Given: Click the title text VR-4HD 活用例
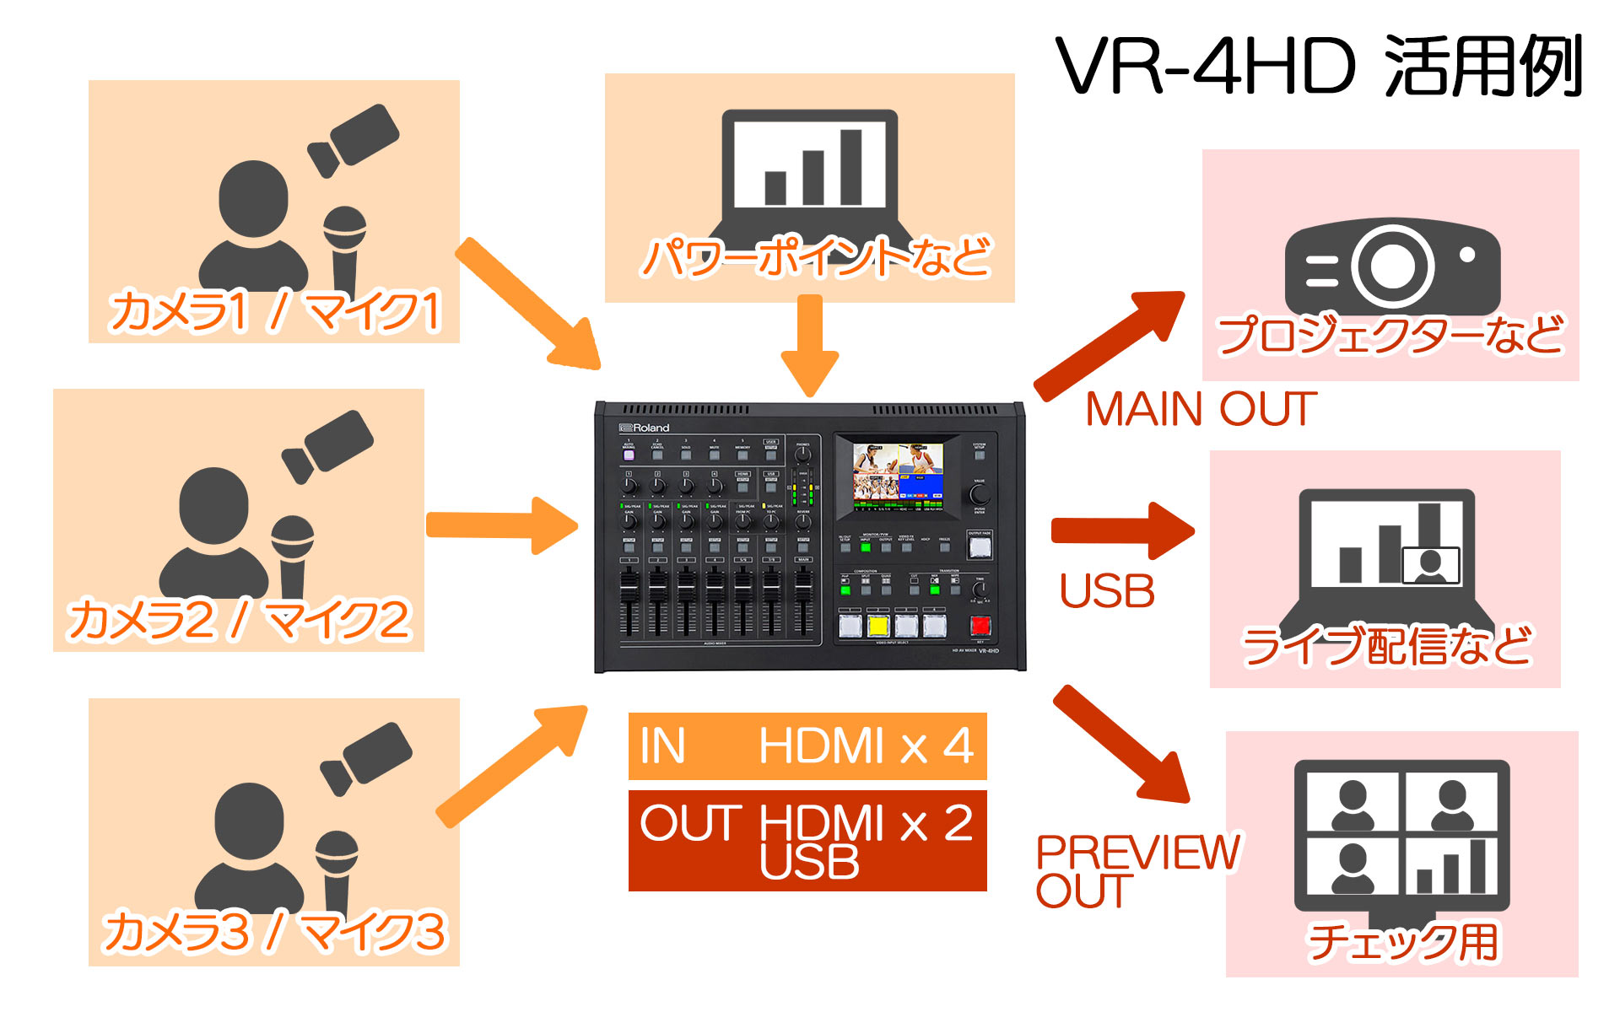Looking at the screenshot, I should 1319,67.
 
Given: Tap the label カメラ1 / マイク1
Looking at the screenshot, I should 275,310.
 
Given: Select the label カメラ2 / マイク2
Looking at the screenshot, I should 239,620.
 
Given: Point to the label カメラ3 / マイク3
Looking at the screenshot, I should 274,932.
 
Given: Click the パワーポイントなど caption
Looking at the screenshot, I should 815,257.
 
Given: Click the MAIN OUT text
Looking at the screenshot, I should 1201,410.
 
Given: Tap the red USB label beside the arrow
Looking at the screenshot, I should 1107,591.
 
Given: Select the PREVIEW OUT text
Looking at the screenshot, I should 1137,871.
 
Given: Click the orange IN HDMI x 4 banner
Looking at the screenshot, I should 807,746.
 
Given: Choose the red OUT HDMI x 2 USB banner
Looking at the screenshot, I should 807,841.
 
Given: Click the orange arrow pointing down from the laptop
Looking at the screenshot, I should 810,346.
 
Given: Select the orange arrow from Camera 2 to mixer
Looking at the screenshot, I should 501,525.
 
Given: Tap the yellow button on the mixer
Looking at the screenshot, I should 878,626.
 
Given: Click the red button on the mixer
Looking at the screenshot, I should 980,625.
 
